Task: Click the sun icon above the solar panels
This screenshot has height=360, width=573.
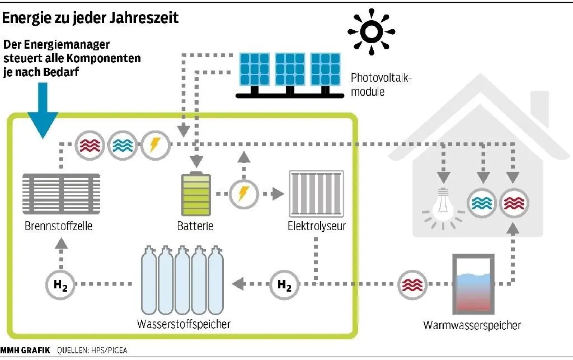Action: tap(370, 32)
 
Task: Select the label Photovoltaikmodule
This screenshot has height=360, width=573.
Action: tap(381, 85)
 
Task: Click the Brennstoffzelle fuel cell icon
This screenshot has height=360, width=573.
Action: tap(62, 195)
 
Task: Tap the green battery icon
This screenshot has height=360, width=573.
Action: tap(194, 194)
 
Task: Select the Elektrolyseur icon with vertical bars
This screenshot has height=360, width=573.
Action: tap(316, 194)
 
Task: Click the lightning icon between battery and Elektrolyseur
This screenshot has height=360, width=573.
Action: tap(243, 194)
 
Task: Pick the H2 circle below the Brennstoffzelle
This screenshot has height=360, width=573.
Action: tap(60, 284)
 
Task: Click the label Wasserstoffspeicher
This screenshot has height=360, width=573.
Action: tap(184, 324)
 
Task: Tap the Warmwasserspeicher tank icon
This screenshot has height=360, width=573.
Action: tap(473, 285)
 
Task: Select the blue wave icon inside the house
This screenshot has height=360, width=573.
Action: tap(482, 202)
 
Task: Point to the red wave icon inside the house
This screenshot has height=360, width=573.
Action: tap(514, 202)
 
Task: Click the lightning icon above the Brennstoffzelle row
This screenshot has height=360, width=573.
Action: tap(153, 144)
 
